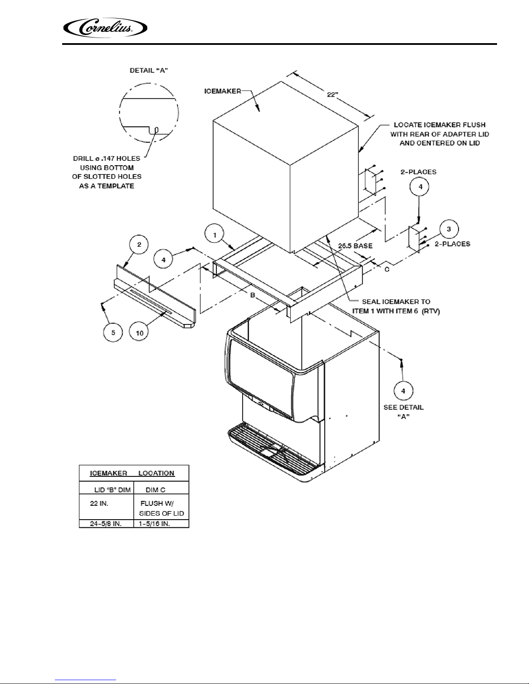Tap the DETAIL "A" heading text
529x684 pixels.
click(149, 70)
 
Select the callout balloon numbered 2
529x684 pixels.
click(139, 245)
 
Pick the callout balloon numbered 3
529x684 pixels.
click(449, 229)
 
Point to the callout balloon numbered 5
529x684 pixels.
click(113, 332)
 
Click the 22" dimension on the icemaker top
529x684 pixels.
click(332, 95)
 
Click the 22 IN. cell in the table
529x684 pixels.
click(99, 503)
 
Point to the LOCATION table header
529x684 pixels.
click(156, 473)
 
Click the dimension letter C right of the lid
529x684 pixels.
click(386, 269)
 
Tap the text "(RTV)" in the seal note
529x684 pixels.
click(430, 311)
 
